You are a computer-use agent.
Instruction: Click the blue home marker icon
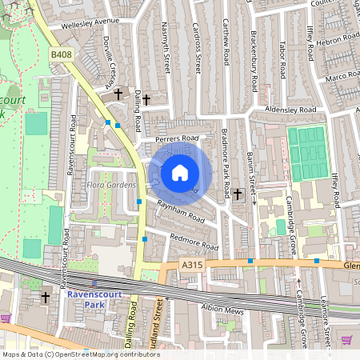[x=180, y=173]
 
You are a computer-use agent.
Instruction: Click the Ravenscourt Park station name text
[x=96, y=298]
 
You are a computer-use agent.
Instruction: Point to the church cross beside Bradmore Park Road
[x=238, y=194]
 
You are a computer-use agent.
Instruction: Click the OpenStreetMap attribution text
[x=81, y=354]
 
